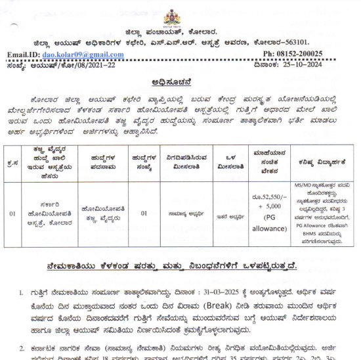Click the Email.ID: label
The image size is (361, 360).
coord(24,55)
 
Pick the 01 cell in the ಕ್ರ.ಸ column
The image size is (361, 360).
coord(12,213)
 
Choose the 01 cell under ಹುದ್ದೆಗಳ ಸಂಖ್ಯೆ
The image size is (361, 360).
coord(144,213)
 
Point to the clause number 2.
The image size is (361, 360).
coord(21,348)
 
